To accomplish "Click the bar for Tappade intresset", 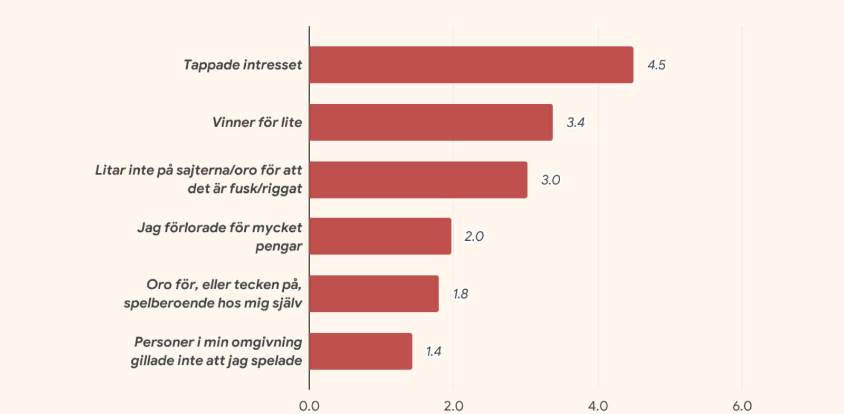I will click(471, 65).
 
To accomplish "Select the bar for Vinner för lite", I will click(431, 122).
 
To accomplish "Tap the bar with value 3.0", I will click(418, 180).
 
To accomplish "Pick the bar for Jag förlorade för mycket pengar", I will click(380, 236).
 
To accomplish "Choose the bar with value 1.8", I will click(374, 294).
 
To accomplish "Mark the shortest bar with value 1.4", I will click(361, 351).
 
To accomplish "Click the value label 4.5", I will click(656, 65).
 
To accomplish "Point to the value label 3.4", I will click(576, 122).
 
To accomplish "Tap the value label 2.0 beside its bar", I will click(474, 236).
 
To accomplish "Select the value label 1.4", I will click(434, 351).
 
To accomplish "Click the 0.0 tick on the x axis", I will click(309, 406).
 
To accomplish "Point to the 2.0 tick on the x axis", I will click(453, 406).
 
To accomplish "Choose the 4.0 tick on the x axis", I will click(598, 406).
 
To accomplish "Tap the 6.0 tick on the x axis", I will click(742, 406).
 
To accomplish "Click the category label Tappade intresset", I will click(243, 65).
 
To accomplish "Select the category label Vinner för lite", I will click(257, 122).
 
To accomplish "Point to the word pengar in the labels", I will click(279, 246).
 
